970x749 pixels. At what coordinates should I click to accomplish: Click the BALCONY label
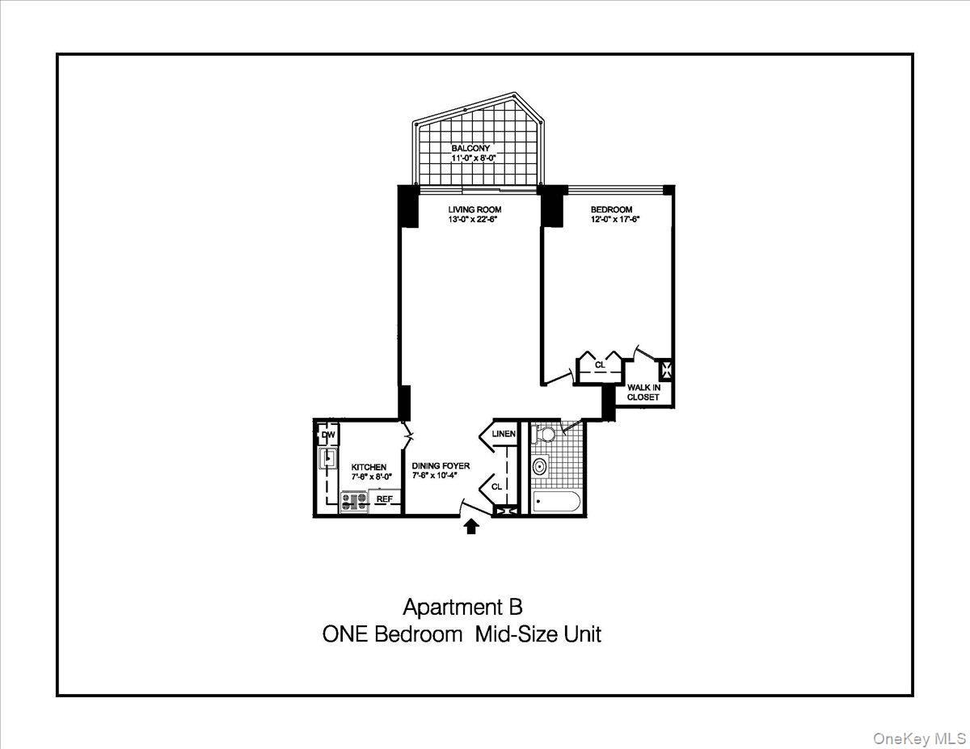470,149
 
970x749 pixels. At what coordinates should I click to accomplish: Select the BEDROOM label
611,209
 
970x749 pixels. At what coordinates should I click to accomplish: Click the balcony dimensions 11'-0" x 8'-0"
472,159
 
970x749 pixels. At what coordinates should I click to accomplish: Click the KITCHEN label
369,467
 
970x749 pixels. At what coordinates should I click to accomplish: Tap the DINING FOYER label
441,466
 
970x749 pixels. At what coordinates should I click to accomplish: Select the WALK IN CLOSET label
643,392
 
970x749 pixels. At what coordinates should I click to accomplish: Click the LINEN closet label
504,434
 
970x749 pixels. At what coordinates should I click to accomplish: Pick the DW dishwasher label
327,436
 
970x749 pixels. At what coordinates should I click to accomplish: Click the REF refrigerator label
385,499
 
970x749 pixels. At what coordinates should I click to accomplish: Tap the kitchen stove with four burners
354,501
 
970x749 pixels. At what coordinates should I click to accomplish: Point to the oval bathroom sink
540,465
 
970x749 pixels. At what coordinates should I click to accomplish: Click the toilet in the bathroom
547,435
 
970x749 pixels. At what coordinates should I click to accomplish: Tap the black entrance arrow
471,527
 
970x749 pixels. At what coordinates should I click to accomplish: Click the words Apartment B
462,608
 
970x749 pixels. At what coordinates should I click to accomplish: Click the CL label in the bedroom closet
600,365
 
